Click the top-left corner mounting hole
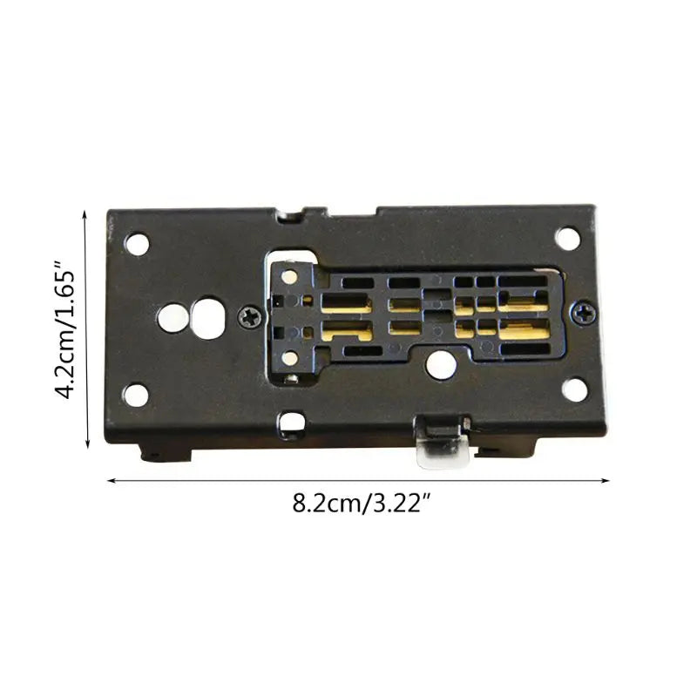[x=137, y=243]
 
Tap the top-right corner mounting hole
[x=567, y=238]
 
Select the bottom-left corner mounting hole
[x=136, y=395]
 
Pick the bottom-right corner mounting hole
[x=574, y=389]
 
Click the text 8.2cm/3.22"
[x=357, y=505]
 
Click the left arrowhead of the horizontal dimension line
[x=111, y=478]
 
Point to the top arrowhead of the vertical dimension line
[x=86, y=213]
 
